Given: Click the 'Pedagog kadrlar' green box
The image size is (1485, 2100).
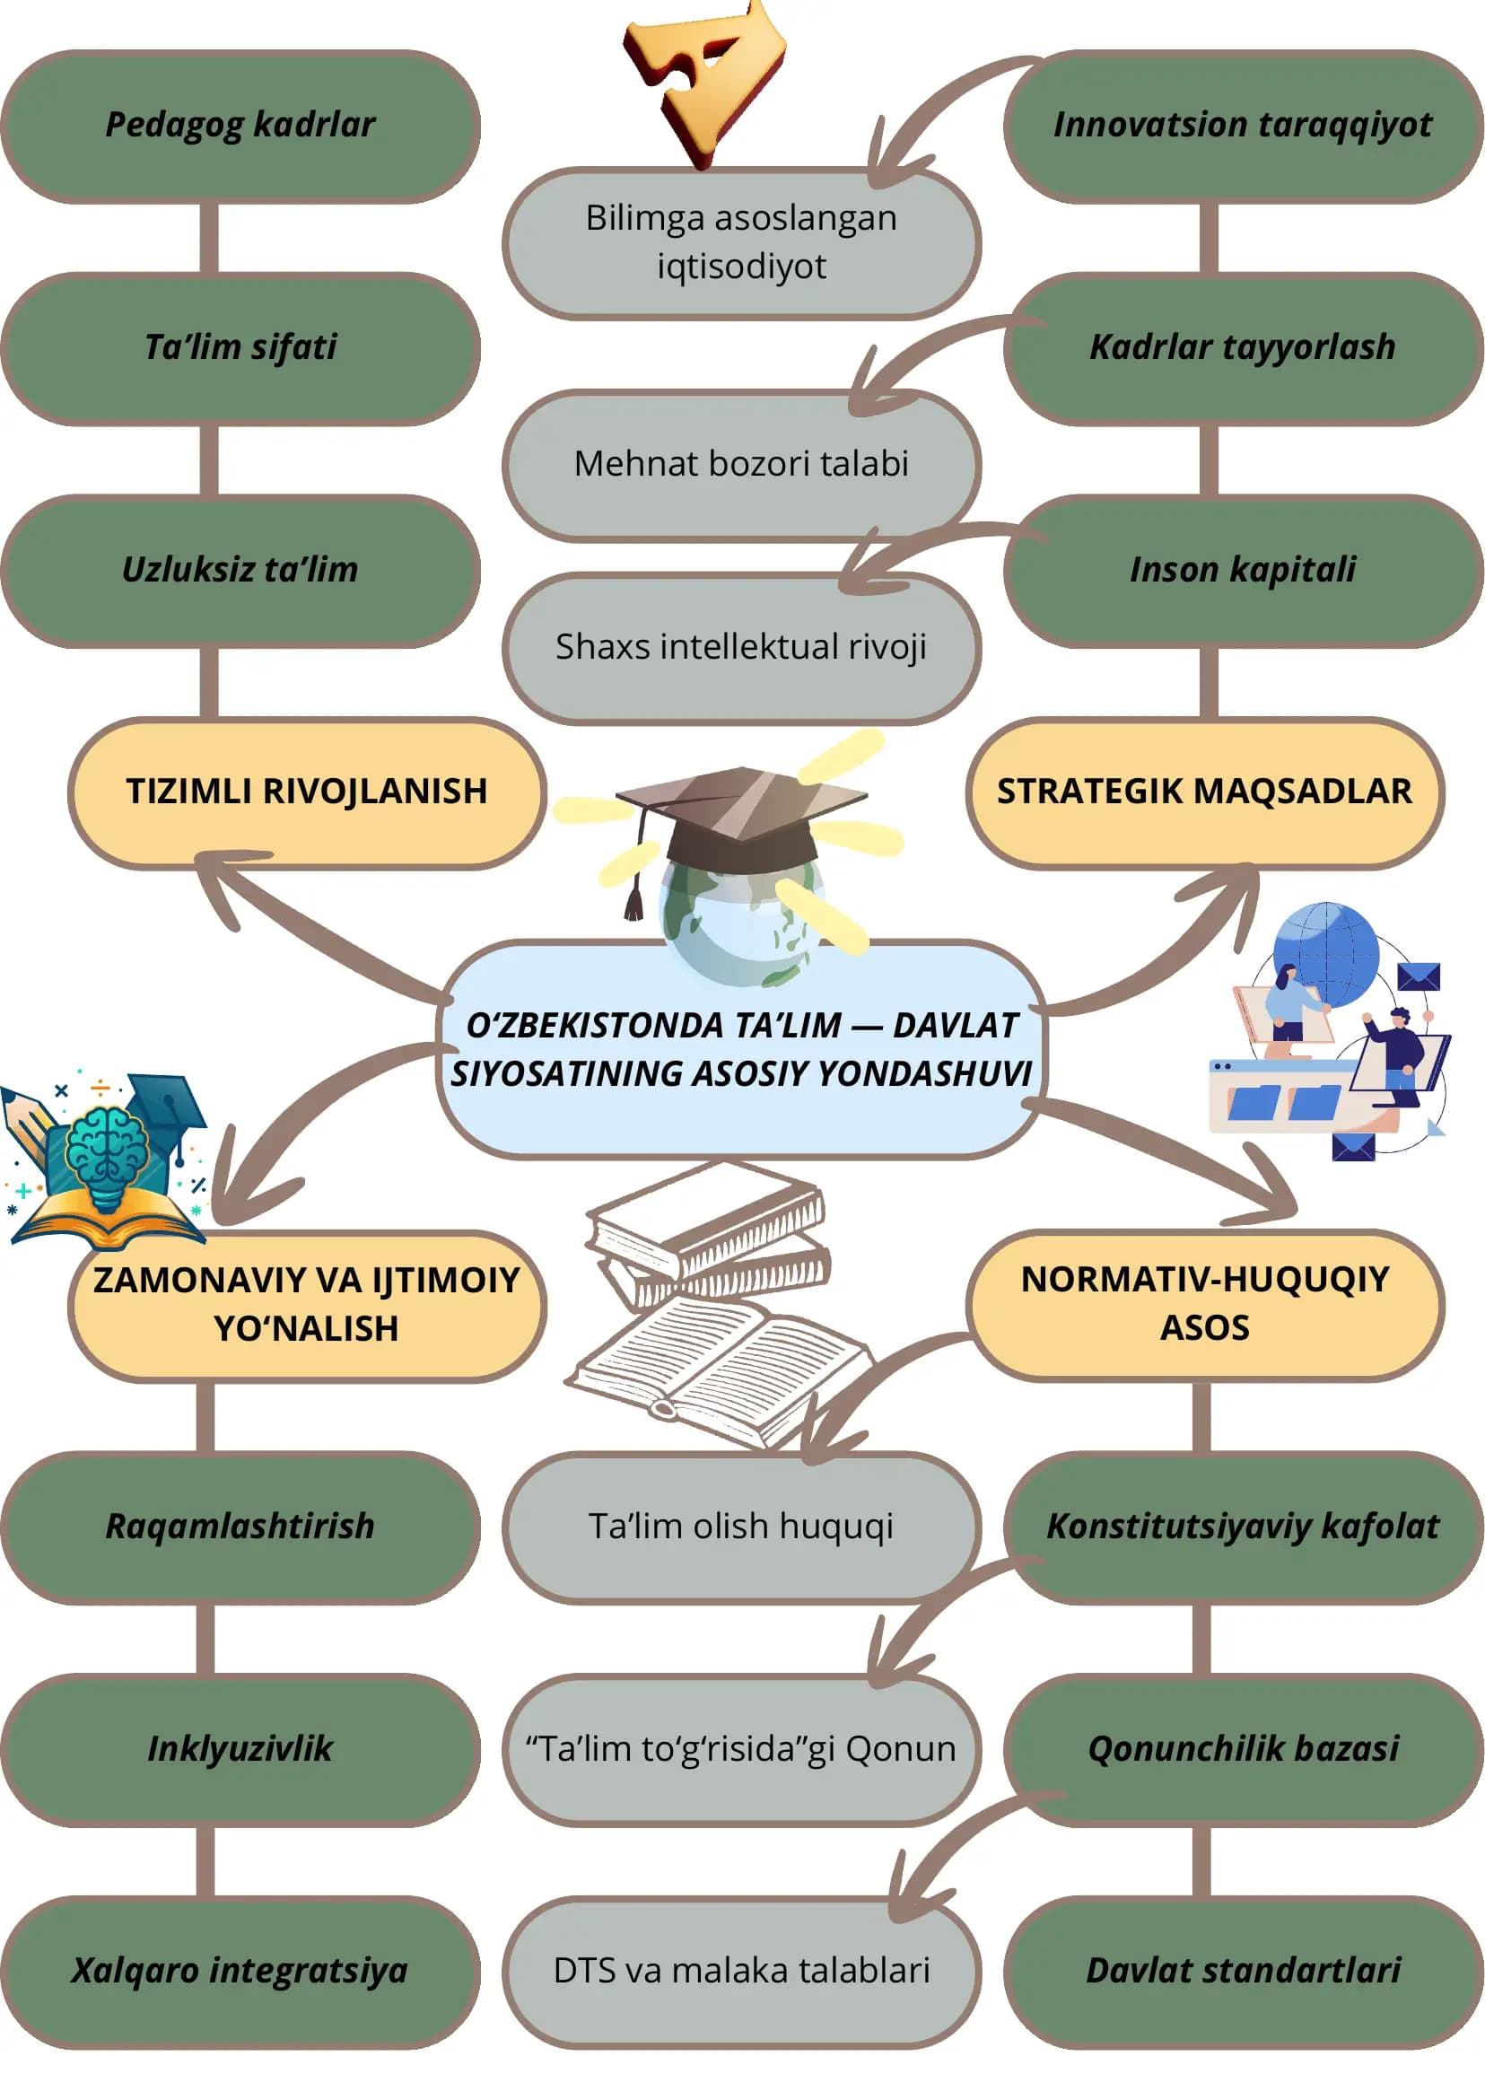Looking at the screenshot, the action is (x=240, y=127).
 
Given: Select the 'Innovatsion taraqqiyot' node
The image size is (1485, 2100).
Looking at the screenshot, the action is (x=1244, y=127).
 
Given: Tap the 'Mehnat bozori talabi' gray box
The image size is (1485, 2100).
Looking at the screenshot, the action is (x=741, y=465).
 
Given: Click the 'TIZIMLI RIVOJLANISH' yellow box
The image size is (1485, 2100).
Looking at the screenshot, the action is (x=307, y=792).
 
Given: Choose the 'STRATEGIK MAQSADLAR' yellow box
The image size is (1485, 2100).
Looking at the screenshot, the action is (x=1205, y=792).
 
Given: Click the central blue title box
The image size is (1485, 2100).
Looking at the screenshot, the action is (x=741, y=1049).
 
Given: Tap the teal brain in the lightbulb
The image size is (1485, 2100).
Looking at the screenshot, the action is (x=108, y=1144).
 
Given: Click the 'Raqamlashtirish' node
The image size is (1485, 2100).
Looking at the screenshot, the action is (x=240, y=1527).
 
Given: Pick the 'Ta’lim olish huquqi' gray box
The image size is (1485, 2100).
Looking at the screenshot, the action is (x=741, y=1527).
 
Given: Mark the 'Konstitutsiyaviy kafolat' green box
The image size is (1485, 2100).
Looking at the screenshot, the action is (x=1244, y=1527).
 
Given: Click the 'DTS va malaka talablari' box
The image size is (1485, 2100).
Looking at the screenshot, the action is (x=741, y=1971).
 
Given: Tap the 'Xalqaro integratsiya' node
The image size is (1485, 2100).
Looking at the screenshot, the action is (x=240, y=1971).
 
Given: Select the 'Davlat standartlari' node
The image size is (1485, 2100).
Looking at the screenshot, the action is (x=1244, y=1971).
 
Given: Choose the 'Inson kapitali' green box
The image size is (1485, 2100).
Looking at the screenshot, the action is (x=1244, y=571).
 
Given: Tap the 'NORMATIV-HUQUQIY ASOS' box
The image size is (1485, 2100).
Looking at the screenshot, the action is (x=1205, y=1304).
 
